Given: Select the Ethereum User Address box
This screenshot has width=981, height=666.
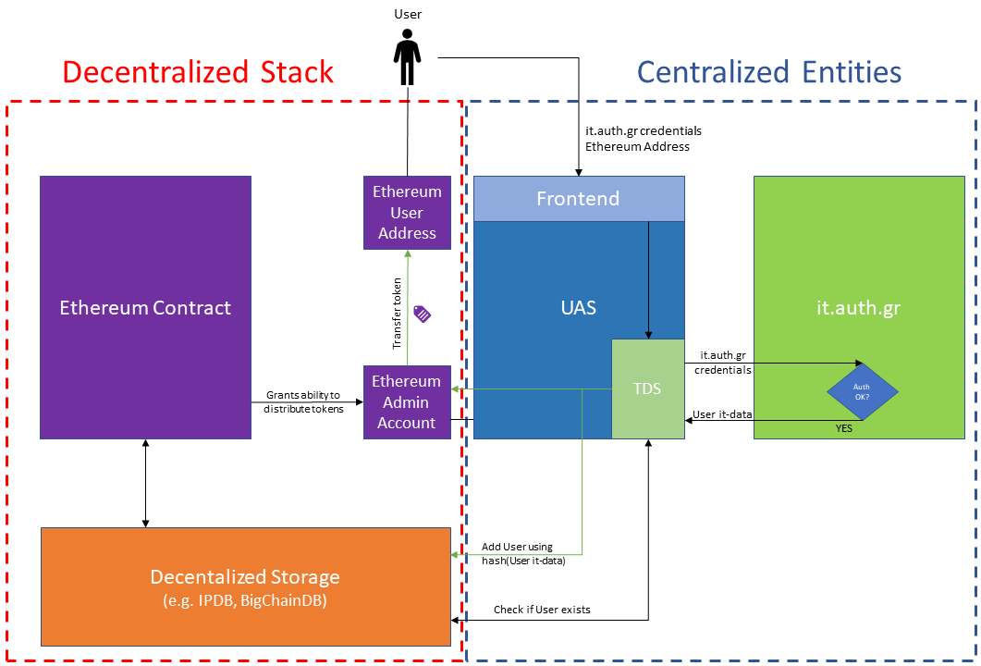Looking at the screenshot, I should click(x=407, y=212).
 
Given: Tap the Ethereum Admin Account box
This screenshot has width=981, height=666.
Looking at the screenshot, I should click(x=407, y=401).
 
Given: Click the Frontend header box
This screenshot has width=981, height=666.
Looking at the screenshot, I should click(x=579, y=198).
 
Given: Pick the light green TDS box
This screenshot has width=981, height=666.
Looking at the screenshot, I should click(x=647, y=388).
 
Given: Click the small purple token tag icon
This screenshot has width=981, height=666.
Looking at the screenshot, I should click(x=422, y=314).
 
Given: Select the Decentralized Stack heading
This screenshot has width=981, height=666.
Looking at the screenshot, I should click(x=198, y=72).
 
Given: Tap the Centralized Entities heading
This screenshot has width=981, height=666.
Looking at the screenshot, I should click(x=769, y=72).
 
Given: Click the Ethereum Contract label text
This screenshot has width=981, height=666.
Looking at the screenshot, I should click(x=145, y=308).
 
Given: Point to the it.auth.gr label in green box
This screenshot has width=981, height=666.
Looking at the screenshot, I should click(x=865, y=308).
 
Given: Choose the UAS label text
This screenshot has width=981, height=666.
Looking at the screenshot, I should click(x=579, y=308).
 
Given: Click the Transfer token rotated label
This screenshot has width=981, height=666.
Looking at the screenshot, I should click(x=398, y=314).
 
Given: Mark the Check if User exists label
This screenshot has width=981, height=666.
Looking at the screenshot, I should click(x=542, y=610).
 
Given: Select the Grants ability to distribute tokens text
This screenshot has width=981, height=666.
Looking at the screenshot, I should click(x=302, y=401).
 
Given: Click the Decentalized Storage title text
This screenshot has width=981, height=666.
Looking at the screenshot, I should click(x=245, y=577).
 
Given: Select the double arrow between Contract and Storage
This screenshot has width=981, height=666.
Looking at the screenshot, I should click(x=145, y=483).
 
